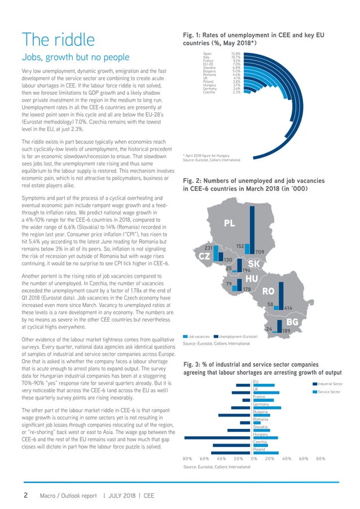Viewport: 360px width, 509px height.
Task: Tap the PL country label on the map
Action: pyautogui.click(x=229, y=224)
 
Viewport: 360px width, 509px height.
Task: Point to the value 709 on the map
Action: pyautogui.click(x=260, y=251)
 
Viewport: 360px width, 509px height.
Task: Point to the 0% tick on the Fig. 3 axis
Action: pyautogui.click(x=254, y=458)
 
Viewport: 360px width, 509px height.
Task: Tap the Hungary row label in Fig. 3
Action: pyautogui.click(x=260, y=435)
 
